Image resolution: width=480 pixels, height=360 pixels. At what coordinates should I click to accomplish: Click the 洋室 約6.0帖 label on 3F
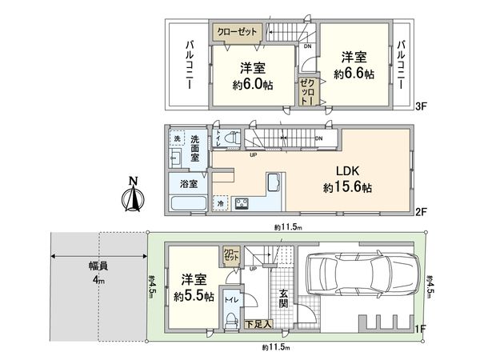[x=252, y=76]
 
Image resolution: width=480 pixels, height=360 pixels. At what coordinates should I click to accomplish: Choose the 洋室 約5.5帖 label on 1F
[x=192, y=287]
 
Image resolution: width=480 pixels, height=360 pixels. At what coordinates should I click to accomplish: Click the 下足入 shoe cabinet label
[x=257, y=323]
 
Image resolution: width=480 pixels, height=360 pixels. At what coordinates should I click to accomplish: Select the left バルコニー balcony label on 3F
[x=190, y=64]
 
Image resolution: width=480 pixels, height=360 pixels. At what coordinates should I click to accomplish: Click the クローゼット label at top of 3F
[x=237, y=32]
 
